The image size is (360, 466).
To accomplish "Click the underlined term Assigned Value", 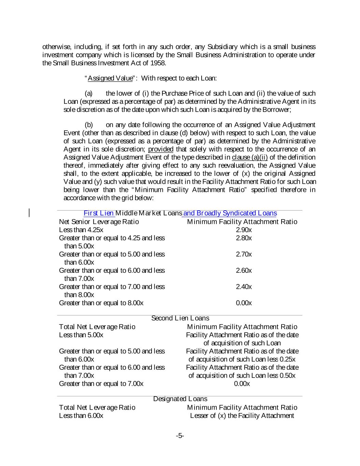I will pyautogui.click(x=110, y=78).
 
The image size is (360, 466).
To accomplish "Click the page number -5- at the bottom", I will pyautogui.click(x=180, y=436).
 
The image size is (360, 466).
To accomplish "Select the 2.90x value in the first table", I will pyautogui.click(x=244, y=230).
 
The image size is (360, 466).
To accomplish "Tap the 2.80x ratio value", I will pyautogui.click(x=244, y=238).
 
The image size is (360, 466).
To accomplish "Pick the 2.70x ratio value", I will pyautogui.click(x=244, y=254).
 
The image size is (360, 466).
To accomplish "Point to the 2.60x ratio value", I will pyautogui.click(x=244, y=270).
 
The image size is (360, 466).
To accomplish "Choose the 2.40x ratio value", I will pyautogui.click(x=244, y=287).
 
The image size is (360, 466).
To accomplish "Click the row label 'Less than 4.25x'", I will pyautogui.click(x=81, y=230).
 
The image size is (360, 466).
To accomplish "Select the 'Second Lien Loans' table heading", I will pyautogui.click(x=180, y=319).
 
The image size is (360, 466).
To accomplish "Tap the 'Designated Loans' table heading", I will pyautogui.click(x=180, y=399).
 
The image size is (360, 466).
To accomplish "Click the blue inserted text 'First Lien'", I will pyautogui.click(x=99, y=213).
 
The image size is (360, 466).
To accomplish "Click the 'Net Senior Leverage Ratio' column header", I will pyautogui.click(x=99, y=222).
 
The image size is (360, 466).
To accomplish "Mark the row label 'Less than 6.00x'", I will pyautogui.click(x=81, y=415).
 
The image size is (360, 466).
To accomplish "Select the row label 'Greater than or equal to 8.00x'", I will pyautogui.click(x=101, y=303).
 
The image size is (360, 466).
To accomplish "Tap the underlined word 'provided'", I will pyautogui.click(x=161, y=149).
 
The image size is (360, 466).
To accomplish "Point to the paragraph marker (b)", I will pyautogui.click(x=88, y=125).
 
